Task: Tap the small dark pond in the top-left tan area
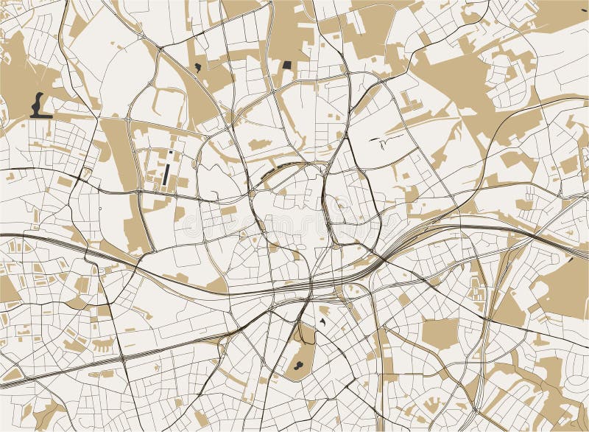point(197,67)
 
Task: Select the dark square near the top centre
point(286,64)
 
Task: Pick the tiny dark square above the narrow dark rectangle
point(170,153)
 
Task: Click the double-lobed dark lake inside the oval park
point(297,363)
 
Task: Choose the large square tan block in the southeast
point(440,332)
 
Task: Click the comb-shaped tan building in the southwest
point(102,344)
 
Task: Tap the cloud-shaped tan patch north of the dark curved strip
point(258,145)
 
